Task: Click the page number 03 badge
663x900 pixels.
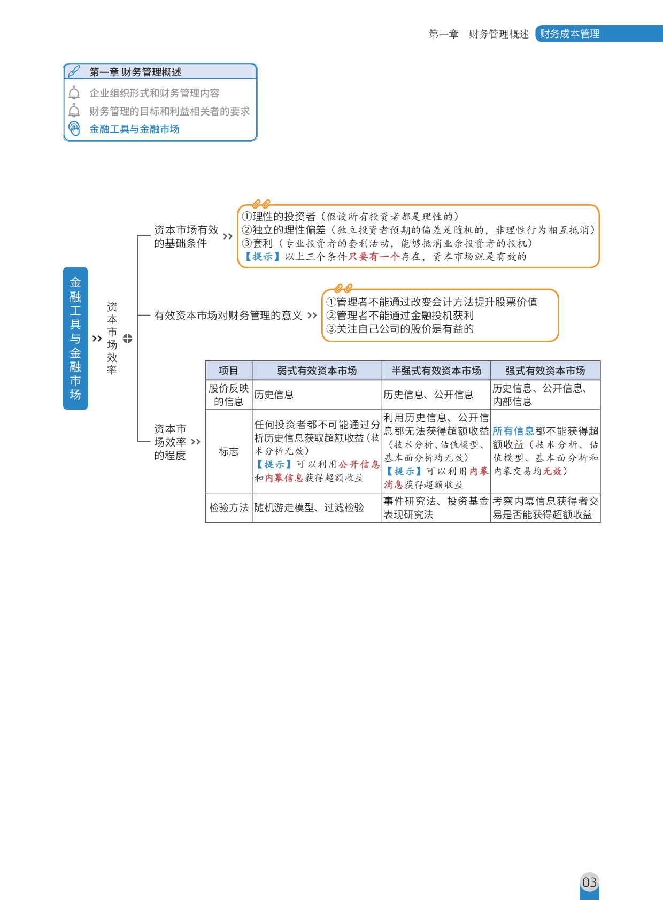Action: coord(589,882)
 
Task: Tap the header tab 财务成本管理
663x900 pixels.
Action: coord(569,34)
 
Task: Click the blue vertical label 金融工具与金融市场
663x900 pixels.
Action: coord(75,338)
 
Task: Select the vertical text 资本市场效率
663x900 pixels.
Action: coord(112,338)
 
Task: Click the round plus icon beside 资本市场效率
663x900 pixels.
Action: coord(127,339)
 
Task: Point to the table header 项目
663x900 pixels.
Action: coord(228,371)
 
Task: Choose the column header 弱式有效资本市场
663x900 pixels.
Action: coord(317,371)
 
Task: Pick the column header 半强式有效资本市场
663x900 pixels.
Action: coord(436,371)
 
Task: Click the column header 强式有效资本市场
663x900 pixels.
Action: coord(545,371)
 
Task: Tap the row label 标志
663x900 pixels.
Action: coord(228,451)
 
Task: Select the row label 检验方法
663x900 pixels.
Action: coord(228,507)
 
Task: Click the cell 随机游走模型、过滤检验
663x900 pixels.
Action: coord(309,507)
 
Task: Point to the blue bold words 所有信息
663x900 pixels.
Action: coord(513,431)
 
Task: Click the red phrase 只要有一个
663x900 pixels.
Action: coord(374,257)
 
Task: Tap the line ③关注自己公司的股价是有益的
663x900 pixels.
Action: coord(400,329)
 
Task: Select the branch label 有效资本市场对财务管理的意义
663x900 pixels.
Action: coord(228,316)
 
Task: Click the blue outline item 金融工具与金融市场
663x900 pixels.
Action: coord(134,129)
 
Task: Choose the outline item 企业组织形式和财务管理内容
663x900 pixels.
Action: coord(154,93)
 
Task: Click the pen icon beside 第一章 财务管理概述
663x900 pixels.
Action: coord(75,71)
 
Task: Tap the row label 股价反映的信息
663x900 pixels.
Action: coord(228,395)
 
